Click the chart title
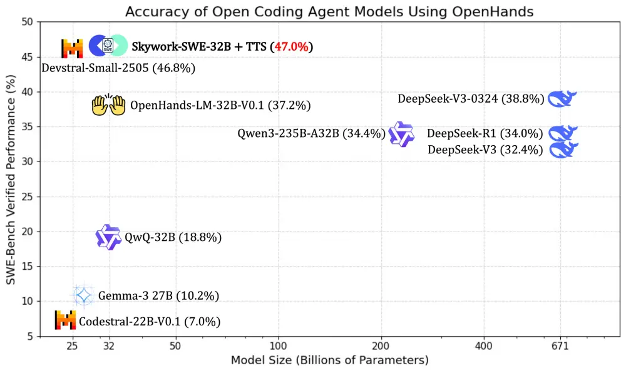(329, 11)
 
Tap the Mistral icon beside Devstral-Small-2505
(72, 49)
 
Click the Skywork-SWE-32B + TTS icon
(108, 46)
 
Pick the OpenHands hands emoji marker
(110, 105)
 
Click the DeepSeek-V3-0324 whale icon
(562, 99)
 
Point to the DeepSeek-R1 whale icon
(563, 133)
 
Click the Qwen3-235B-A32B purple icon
(401, 134)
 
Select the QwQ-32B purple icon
(108, 237)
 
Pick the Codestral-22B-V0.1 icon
(65, 320)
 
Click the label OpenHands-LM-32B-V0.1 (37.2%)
(220, 105)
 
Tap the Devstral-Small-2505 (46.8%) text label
(118, 68)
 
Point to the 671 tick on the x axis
(560, 345)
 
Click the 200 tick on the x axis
(381, 345)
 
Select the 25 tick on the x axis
(72, 345)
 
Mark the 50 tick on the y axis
(27, 23)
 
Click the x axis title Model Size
(329, 360)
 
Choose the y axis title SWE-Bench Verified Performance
(11, 179)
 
